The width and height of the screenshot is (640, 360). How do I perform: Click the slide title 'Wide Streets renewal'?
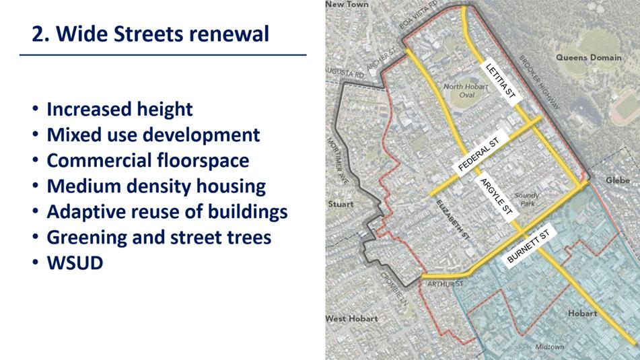(162, 34)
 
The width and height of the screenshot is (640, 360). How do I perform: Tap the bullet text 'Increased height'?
(120, 109)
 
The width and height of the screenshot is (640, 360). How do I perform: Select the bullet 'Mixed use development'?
(153, 135)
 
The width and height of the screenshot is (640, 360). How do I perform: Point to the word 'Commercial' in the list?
(100, 160)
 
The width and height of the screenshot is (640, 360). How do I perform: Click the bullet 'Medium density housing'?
(156, 186)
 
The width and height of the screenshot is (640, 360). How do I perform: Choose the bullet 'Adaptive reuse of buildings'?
(167, 212)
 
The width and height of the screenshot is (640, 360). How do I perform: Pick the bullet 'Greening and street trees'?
(159, 238)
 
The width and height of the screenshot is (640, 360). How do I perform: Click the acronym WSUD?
(75, 263)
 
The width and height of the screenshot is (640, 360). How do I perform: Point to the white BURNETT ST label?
(528, 246)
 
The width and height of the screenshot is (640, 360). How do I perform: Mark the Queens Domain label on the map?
(589, 58)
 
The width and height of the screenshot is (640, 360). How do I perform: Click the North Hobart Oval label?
(466, 91)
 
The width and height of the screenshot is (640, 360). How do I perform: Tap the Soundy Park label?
(527, 200)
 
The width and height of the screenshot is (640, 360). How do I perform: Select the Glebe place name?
(618, 180)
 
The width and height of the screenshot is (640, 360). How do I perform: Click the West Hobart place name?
(352, 318)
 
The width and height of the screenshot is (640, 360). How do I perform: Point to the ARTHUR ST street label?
(446, 284)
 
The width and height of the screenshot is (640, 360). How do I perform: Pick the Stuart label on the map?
(341, 204)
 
